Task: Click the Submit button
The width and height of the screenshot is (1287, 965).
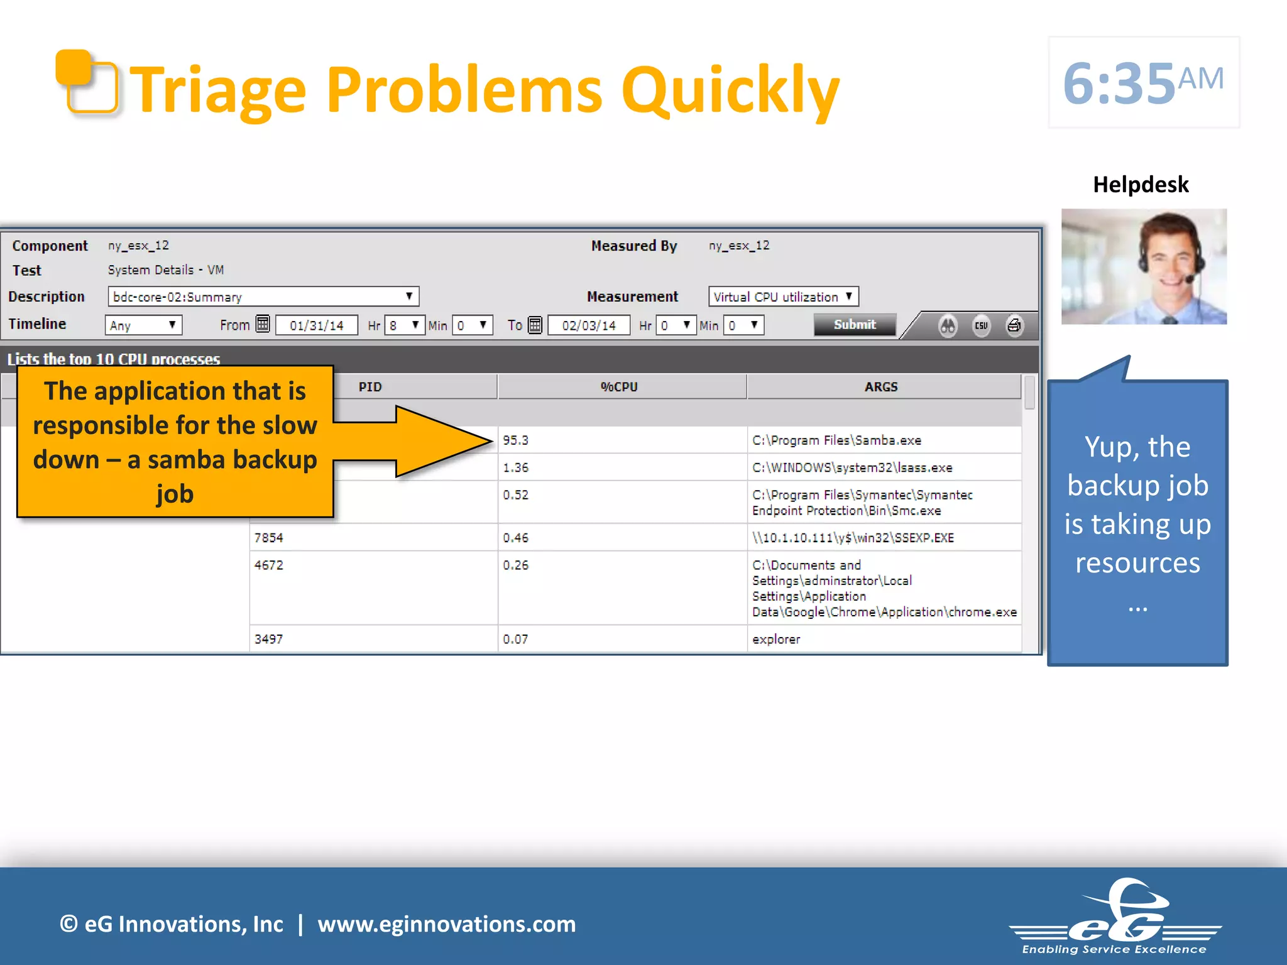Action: click(854, 325)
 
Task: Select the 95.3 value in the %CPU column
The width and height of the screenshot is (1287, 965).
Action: click(516, 440)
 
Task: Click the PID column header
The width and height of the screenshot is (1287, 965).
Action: click(370, 387)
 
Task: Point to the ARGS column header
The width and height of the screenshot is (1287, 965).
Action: click(881, 387)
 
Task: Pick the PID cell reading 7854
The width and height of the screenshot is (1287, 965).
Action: click(269, 538)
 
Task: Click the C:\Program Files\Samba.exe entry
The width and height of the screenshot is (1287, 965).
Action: click(836, 440)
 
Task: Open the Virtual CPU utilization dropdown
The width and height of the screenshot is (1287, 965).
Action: click(783, 297)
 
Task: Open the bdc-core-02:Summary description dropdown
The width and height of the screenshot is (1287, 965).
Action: click(263, 297)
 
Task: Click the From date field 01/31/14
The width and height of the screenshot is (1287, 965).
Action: click(317, 325)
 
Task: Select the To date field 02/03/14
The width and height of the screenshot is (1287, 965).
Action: click(589, 325)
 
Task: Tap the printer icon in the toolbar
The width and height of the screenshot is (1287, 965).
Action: click(1014, 325)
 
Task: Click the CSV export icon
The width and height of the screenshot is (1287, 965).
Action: click(981, 325)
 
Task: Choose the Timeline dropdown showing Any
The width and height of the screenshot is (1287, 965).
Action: click(143, 325)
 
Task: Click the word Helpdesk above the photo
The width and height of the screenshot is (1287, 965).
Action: click(1141, 185)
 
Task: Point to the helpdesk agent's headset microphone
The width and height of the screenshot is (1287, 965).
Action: click(1190, 278)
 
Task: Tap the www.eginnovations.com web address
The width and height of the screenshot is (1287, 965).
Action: click(446, 924)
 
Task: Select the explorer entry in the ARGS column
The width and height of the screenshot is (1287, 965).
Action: click(776, 640)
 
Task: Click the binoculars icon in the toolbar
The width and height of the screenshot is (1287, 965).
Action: click(948, 325)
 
